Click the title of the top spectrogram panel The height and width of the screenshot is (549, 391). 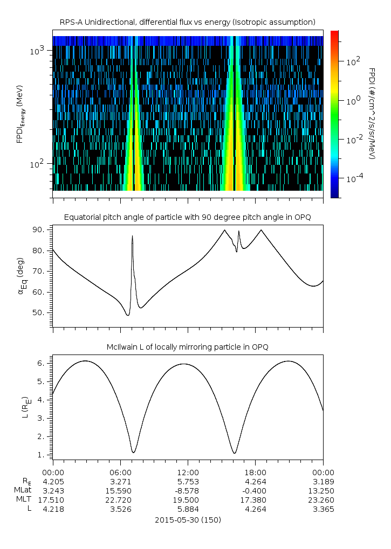(x=187, y=22)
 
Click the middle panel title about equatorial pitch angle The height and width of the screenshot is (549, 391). (x=187, y=217)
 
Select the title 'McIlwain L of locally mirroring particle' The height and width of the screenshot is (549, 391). (x=187, y=346)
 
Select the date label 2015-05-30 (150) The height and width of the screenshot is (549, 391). (x=188, y=520)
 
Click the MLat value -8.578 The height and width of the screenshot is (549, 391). (x=188, y=490)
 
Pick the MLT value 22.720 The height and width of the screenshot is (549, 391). (x=120, y=499)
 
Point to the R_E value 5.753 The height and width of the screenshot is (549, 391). (x=188, y=481)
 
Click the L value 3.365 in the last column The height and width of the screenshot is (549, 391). (x=323, y=509)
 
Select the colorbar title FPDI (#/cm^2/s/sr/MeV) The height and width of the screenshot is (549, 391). (x=372, y=113)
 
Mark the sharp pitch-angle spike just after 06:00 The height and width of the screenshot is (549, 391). (x=132, y=237)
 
